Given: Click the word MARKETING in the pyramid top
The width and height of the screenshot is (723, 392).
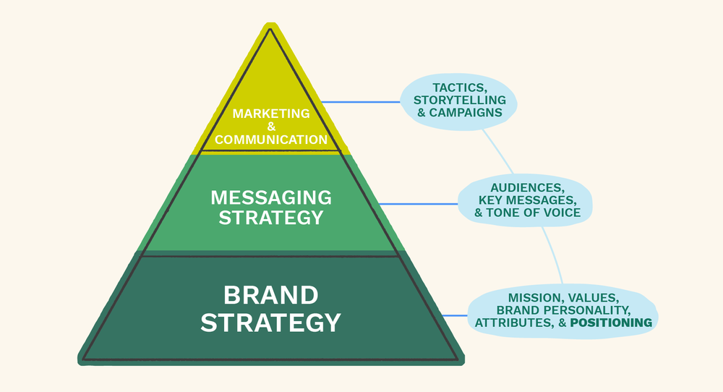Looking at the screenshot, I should [x=271, y=114].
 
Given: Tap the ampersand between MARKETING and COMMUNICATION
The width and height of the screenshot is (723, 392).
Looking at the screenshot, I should [x=271, y=127].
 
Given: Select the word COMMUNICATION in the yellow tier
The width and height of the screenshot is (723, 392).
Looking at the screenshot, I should [x=271, y=140].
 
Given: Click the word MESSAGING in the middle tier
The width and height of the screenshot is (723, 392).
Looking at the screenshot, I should [x=271, y=197].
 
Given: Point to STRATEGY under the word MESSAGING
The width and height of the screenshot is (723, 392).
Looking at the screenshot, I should [x=271, y=216].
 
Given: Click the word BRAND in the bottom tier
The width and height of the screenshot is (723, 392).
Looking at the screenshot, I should [x=270, y=295].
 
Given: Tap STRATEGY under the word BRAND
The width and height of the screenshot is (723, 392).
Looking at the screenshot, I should [x=270, y=322].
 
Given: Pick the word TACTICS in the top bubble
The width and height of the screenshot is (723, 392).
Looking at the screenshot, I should [x=459, y=88].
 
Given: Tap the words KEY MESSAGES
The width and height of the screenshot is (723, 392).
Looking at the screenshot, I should [x=527, y=200].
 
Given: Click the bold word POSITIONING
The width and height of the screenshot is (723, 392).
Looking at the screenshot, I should [x=611, y=323].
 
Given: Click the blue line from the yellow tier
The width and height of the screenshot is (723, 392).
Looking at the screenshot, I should [x=361, y=102].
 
